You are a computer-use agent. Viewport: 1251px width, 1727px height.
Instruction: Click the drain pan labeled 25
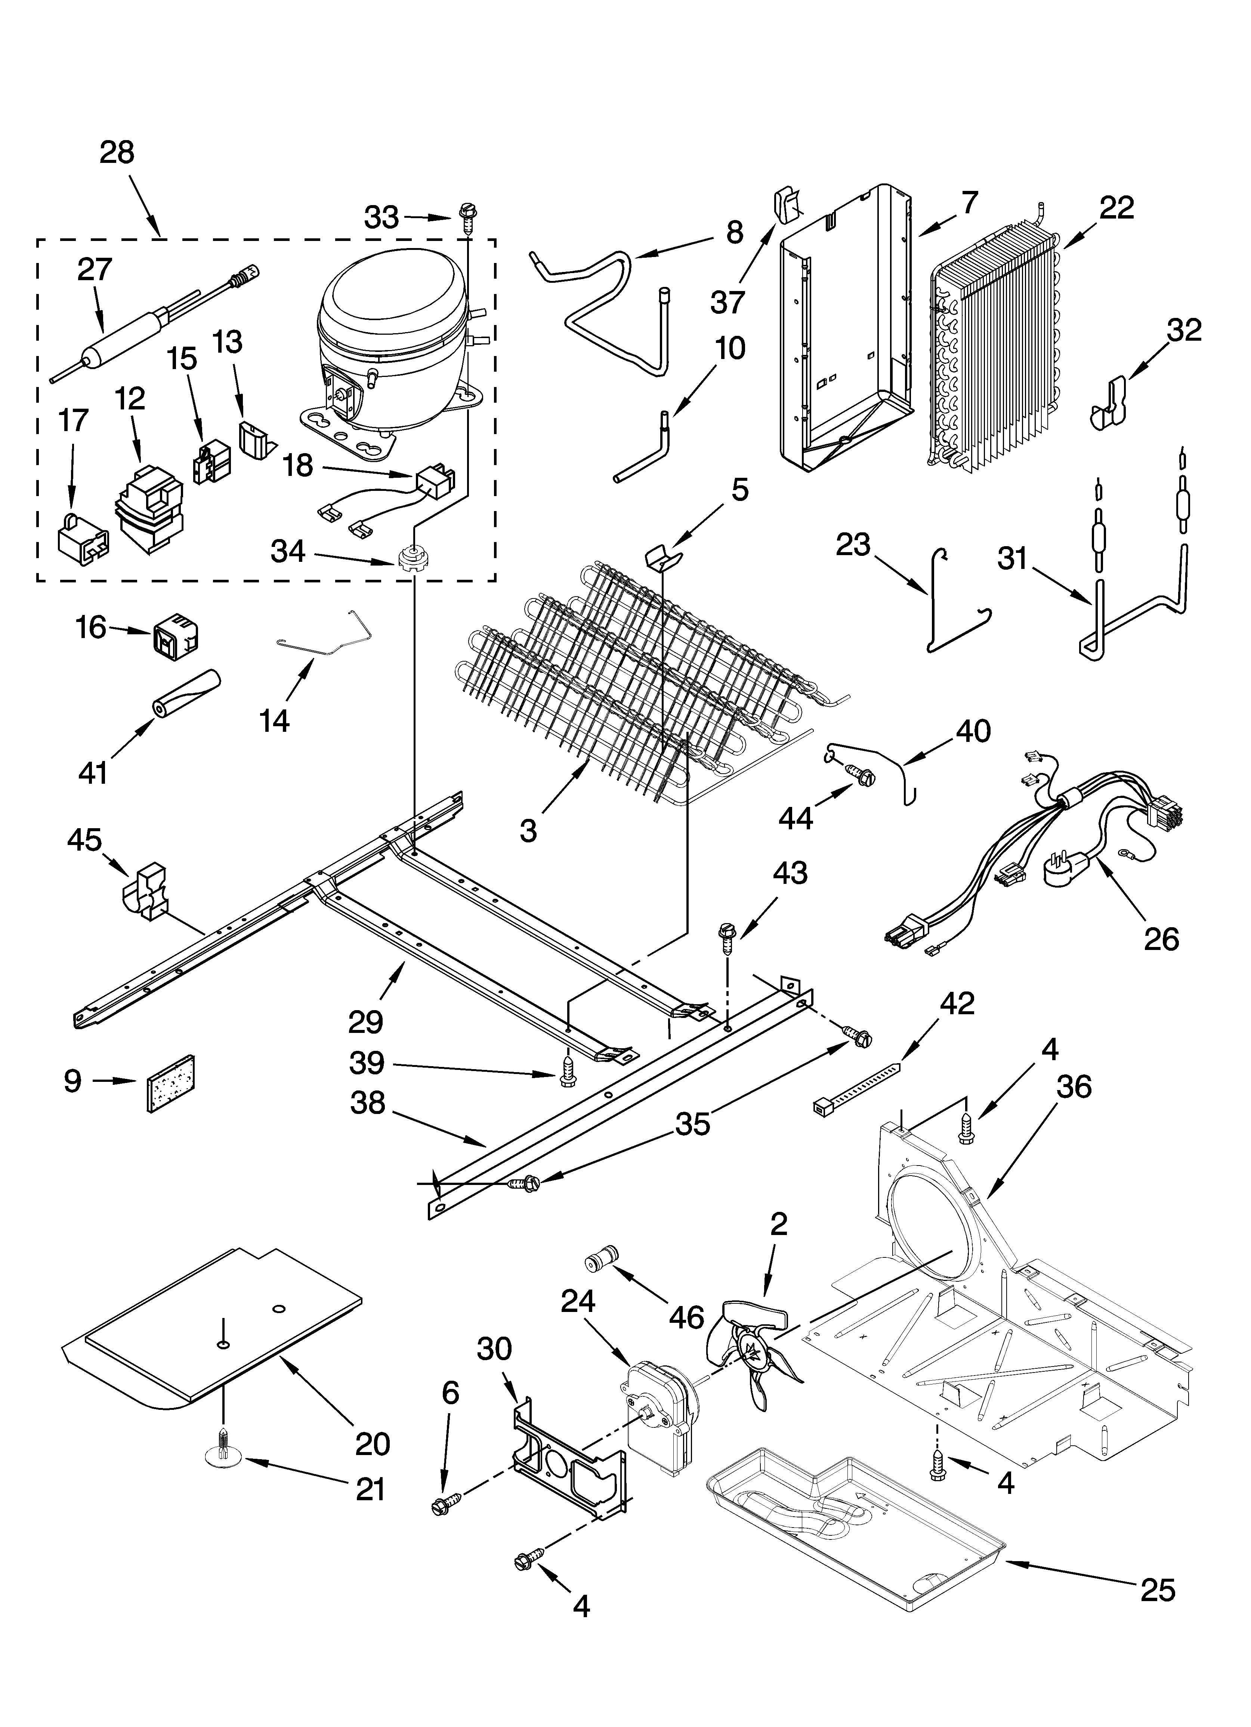click(x=853, y=1531)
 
